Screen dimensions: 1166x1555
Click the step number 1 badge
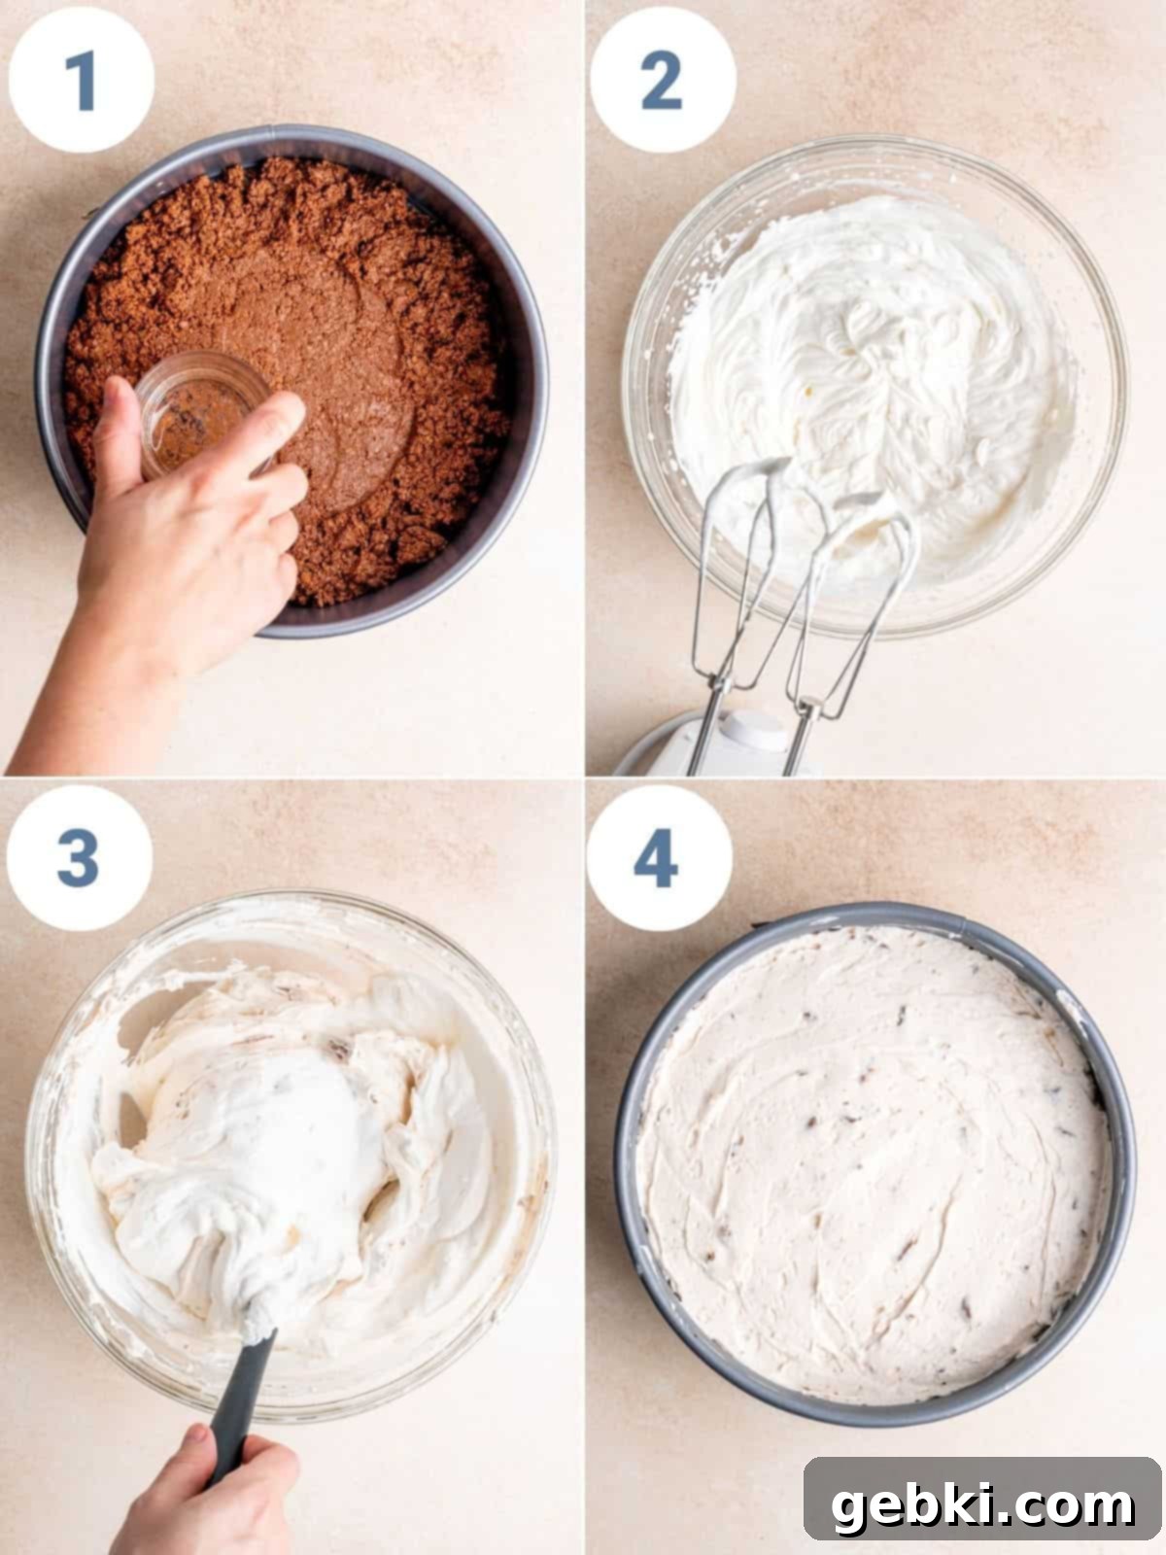(81, 80)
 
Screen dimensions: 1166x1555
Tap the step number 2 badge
(662, 80)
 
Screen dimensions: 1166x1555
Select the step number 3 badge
(80, 858)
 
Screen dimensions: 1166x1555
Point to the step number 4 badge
(659, 858)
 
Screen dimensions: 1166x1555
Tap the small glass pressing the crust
(200, 413)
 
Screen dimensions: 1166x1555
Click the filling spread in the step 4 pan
(874, 1161)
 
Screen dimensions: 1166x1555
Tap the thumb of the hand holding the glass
(118, 432)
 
